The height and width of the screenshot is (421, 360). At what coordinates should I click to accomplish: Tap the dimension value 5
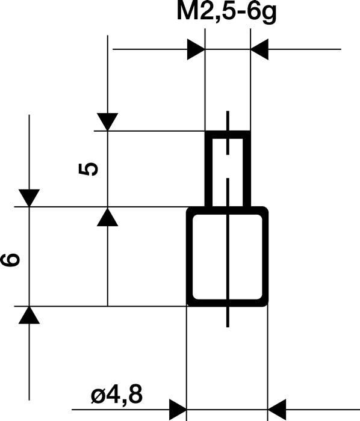[88, 169]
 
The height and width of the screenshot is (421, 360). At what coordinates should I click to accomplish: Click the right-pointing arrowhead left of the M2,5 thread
[196, 50]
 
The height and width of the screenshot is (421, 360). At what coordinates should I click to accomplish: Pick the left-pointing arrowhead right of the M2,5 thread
[259, 50]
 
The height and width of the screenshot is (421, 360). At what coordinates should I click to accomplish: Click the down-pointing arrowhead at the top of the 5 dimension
[107, 122]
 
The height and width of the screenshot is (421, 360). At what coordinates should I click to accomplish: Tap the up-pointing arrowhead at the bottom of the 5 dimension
[107, 217]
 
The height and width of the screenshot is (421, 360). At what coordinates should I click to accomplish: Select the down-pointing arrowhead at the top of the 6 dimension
[29, 198]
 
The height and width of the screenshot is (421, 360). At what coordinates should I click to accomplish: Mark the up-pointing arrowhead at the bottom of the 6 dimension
[29, 315]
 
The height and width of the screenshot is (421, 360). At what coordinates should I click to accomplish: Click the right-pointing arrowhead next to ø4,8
[178, 410]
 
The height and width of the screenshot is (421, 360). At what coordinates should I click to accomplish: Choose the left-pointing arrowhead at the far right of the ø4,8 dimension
[276, 410]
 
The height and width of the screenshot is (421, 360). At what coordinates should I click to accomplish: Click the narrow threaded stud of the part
[228, 168]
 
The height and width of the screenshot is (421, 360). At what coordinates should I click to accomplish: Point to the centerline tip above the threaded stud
[228, 113]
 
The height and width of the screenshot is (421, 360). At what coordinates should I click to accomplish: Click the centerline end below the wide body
[228, 325]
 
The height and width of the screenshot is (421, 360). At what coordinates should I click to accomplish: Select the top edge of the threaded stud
[228, 132]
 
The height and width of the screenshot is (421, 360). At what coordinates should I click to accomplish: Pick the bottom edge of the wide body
[228, 304]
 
